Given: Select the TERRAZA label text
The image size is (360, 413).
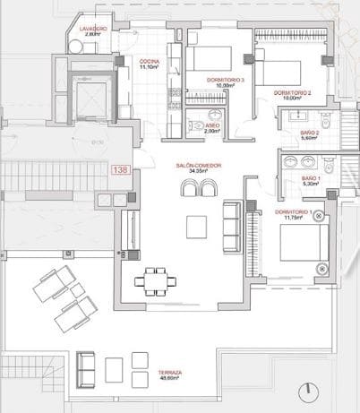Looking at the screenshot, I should point(169,372).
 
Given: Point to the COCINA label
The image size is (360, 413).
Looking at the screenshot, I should point(149,62).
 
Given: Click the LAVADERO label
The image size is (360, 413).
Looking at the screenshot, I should point(93,29).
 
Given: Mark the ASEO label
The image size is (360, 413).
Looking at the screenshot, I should point(212,125).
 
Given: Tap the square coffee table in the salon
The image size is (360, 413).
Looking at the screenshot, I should point(198,227).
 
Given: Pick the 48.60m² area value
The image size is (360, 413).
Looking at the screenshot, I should point(169,379).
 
